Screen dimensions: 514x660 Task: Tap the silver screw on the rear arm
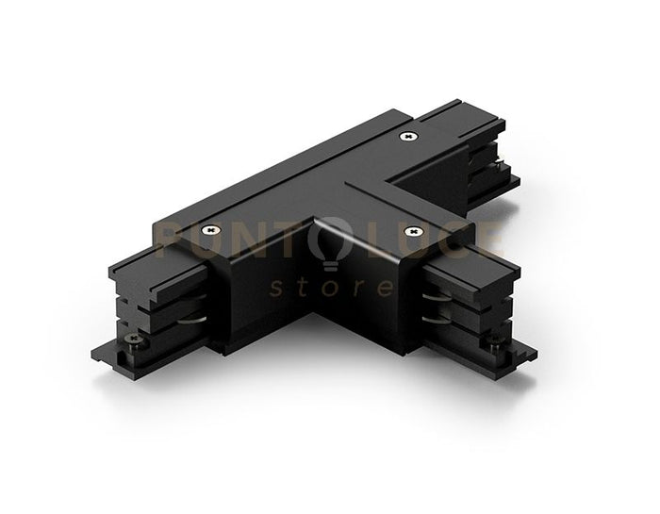tap(407, 138)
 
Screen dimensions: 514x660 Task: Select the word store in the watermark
tap(331, 287)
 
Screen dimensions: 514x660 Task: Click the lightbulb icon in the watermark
tap(331, 243)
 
